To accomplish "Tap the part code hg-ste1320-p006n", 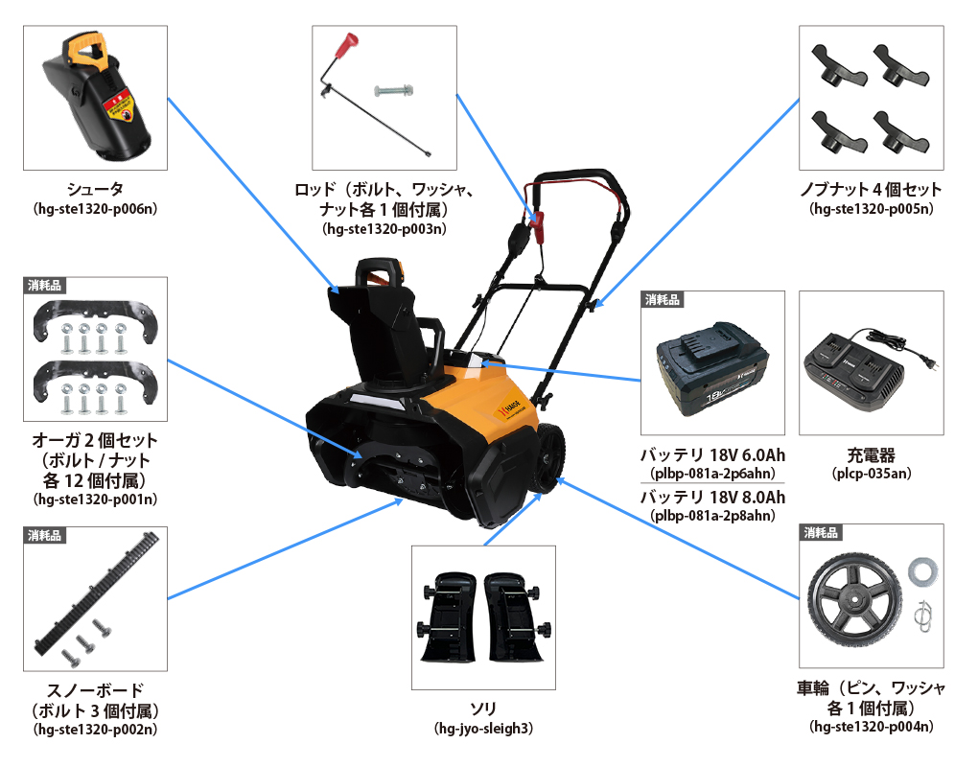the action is pos(96,209).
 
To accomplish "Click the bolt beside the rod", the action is pos(393,91).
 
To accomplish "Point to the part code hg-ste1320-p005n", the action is pos(872,209).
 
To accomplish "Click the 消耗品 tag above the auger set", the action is pos(44,286).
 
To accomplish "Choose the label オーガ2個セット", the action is pos(95,440).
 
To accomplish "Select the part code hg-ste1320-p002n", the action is pos(96,730).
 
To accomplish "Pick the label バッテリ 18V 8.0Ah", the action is pos(713,497).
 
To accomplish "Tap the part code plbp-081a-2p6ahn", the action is pos(713,474).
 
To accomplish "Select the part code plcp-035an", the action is pos(872,474).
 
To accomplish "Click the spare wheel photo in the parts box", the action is pos(854,602).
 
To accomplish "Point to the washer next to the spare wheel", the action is pos(922,571).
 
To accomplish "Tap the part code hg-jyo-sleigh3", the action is pos(483,729).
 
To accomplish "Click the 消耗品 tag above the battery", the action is pos(662,300).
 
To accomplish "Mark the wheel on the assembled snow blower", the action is pos(547,458).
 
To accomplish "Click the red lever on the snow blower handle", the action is pos(536,227).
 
